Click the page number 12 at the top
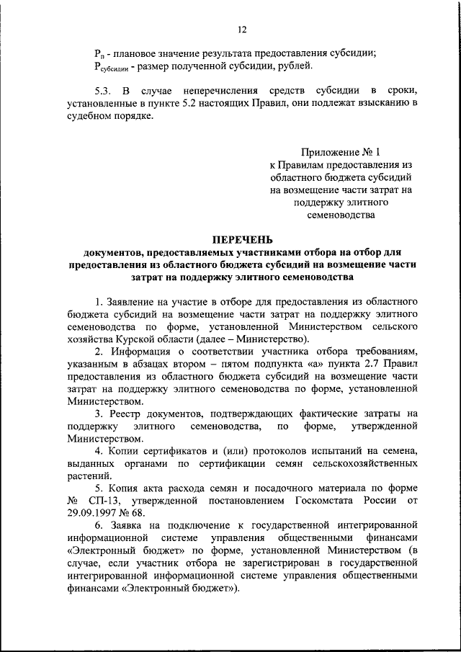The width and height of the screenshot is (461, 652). tap(242, 30)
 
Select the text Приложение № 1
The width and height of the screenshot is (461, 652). tap(339, 152)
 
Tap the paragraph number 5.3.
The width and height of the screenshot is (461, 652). tap(102, 91)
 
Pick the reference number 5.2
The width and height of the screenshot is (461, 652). tap(205, 104)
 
